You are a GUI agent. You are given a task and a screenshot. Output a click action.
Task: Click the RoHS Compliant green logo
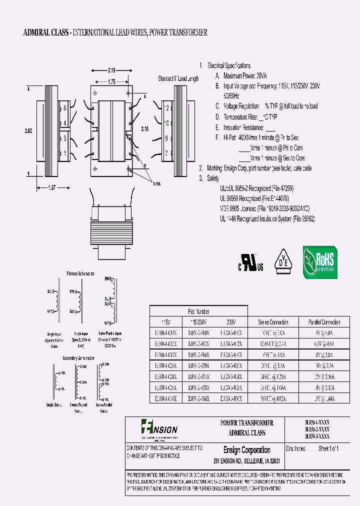click(320, 262)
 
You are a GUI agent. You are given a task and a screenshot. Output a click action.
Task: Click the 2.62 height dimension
click(29, 130)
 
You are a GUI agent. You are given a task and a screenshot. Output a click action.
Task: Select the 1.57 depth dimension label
click(52, 187)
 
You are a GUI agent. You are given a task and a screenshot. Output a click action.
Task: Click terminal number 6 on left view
click(65, 107)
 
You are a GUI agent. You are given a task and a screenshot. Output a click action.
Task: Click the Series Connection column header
click(273, 322)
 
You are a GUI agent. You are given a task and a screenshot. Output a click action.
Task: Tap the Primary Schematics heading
click(80, 273)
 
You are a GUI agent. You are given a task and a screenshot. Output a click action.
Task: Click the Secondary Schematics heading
click(79, 358)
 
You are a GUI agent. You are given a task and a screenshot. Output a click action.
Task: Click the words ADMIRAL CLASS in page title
click(47, 33)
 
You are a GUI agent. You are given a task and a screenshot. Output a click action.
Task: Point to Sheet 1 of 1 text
click(328, 448)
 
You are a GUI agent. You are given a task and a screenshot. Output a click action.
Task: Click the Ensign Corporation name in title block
click(246, 450)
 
